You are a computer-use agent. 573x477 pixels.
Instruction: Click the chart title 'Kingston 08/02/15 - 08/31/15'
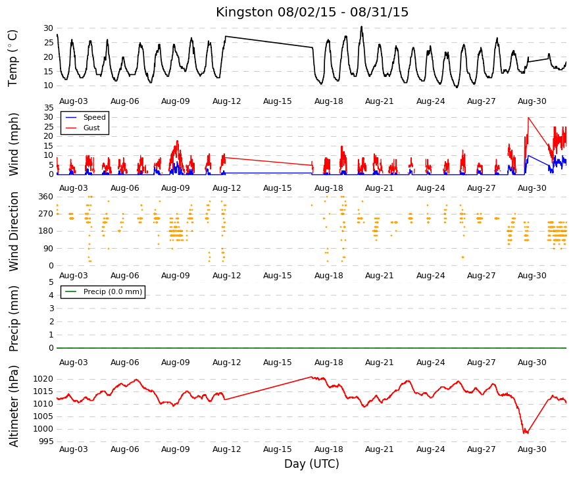312,12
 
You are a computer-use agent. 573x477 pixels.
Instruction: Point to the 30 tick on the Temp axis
48,28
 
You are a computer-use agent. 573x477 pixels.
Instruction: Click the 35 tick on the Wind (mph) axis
48,108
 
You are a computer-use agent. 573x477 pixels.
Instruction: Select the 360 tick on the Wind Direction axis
46,197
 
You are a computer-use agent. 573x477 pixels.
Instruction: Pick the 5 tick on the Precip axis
51,282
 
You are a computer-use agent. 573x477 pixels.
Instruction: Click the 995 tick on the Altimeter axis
46,441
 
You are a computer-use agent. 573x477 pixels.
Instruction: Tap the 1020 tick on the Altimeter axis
43,379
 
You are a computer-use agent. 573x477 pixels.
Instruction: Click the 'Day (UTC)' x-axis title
312,464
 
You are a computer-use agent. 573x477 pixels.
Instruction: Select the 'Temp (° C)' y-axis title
12,58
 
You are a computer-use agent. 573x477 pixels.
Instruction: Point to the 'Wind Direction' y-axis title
14,232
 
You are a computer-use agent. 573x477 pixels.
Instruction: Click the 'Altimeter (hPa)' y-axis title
14,406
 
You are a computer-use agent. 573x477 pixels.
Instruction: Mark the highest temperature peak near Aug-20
361,27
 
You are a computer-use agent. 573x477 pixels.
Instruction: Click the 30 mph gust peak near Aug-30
528,118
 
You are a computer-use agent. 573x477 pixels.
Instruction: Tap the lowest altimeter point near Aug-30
526,433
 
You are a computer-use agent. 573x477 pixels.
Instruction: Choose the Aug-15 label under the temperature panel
278,101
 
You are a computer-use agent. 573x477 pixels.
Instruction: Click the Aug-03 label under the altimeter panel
74,449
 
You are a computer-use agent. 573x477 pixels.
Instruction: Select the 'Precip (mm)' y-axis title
14,318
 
